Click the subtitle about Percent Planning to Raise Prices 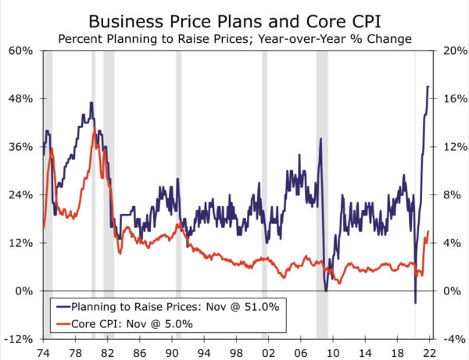click(234, 37)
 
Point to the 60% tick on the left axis click(20, 51)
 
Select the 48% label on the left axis click(20, 99)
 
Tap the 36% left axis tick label click(20, 147)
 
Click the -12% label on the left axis click(19, 339)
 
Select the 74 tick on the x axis click(44, 351)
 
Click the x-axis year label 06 click(301, 351)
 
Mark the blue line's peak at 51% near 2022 click(428, 87)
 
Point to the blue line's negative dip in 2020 click(415, 302)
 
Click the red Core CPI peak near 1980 click(95, 129)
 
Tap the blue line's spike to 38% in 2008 click(320, 140)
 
